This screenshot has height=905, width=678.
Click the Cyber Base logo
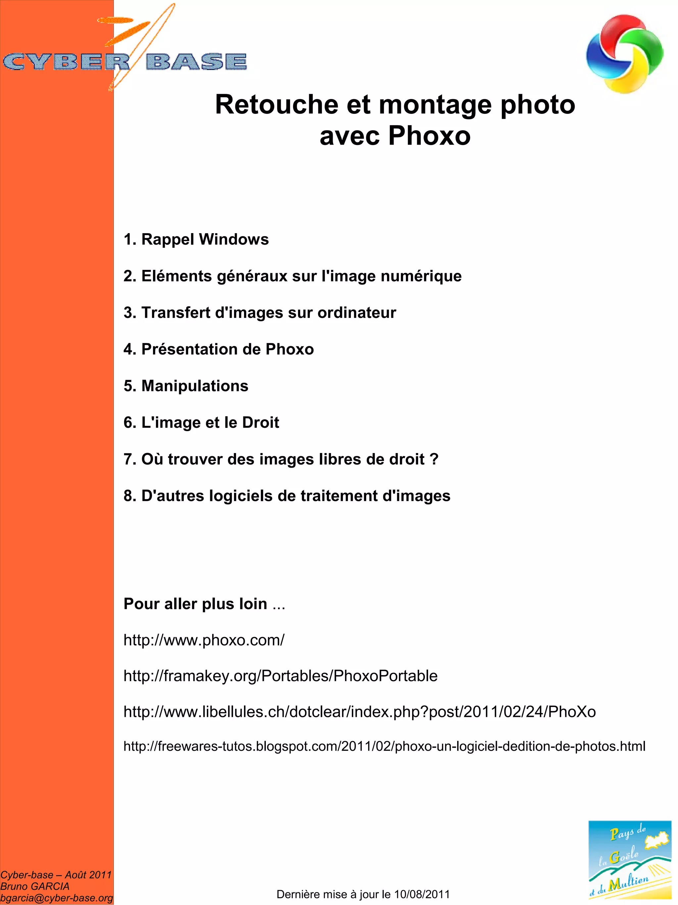click(x=125, y=61)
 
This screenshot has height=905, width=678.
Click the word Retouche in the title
click(x=276, y=104)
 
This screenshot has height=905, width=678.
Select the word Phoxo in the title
click(x=429, y=135)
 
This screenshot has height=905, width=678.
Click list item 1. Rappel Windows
click(x=196, y=239)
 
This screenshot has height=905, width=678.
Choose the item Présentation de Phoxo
click(x=219, y=349)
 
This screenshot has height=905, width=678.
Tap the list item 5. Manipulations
click(x=186, y=386)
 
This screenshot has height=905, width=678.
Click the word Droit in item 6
click(x=261, y=422)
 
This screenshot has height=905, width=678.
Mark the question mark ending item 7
click(x=434, y=459)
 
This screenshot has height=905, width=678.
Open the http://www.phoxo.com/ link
click(x=204, y=640)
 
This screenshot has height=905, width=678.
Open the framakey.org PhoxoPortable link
click(x=280, y=676)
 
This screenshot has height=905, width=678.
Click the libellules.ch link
click(x=360, y=712)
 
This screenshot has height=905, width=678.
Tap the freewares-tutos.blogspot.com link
click(x=384, y=746)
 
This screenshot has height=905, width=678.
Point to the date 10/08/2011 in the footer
click(x=422, y=894)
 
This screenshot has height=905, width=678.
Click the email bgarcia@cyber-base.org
click(x=56, y=898)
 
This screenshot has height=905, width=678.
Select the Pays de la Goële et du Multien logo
click(x=630, y=859)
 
